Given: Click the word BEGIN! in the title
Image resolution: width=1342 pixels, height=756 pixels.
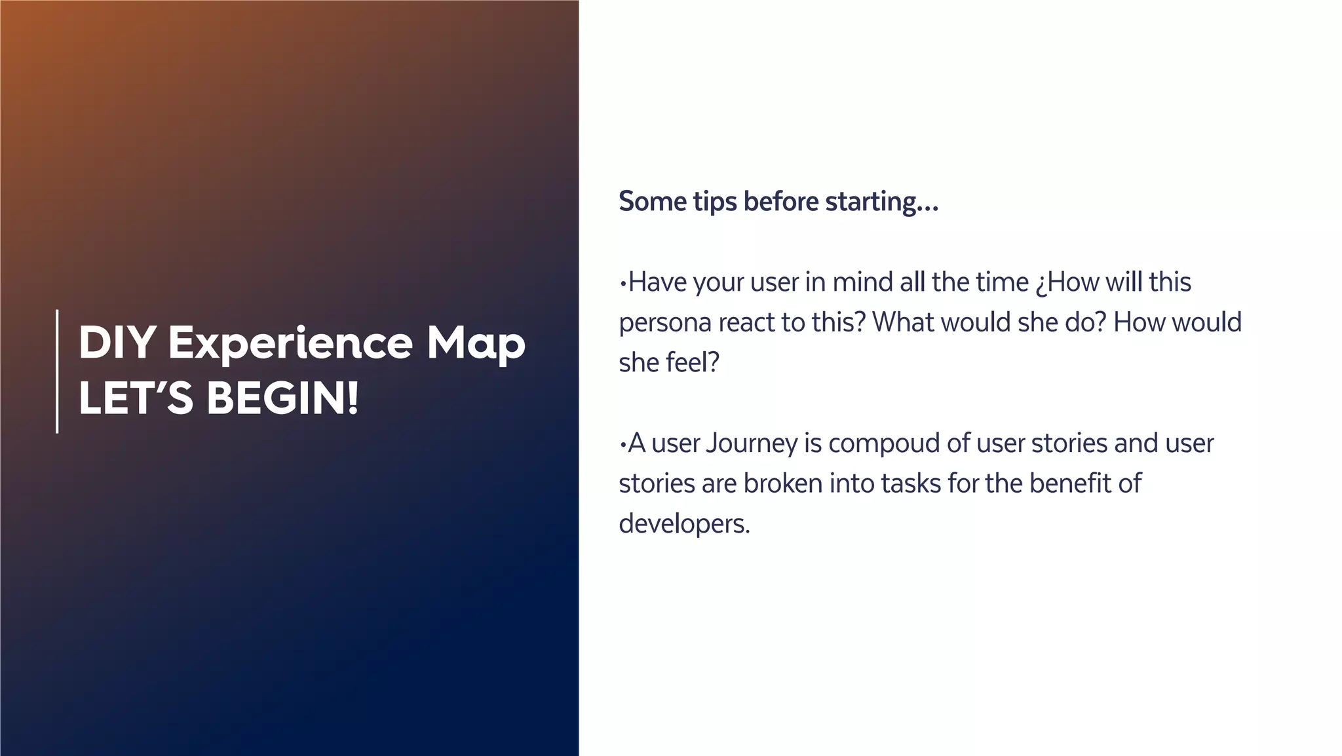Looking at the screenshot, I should tap(283, 398).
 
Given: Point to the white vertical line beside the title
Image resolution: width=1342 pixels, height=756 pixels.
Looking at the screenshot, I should tap(58, 371).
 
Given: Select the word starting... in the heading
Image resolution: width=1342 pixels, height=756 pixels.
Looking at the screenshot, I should tap(882, 202).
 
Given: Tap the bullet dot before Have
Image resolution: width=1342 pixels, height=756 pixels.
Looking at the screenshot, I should tap(623, 284).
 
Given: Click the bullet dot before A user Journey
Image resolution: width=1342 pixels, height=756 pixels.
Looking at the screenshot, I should tap(623, 445).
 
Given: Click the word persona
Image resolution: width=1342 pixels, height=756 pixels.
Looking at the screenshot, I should tap(664, 323).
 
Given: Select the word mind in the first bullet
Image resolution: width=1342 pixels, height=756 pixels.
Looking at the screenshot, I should tap(862, 282).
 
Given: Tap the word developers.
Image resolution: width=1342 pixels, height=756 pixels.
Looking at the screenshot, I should tap(683, 524).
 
